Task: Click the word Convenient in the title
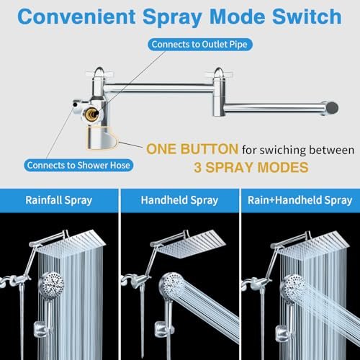76,17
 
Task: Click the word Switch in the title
307,17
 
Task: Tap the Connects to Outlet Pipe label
199,45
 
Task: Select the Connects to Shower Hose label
78,165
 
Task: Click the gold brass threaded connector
92,114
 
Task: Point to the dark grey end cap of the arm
333,108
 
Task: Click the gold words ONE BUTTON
192,149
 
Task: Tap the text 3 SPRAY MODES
251,167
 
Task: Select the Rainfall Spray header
59,200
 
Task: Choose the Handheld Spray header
179,200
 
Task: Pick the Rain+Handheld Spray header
300,200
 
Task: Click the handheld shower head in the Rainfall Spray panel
51,285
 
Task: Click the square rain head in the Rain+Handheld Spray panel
310,246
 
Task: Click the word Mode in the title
237,17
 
